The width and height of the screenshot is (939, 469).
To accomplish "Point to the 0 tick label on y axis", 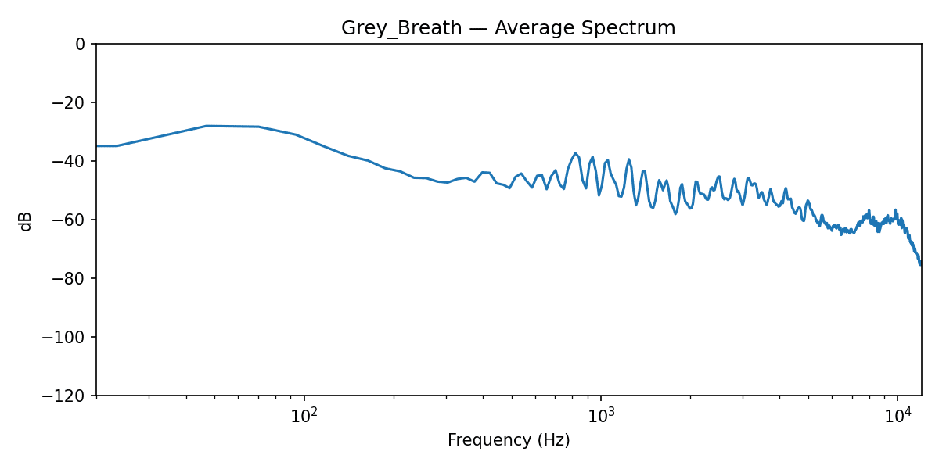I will pos(80,45).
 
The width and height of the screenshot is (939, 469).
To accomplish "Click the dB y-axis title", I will pos(27,220).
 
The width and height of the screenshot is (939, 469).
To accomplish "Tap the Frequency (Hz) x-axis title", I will pos(509,441).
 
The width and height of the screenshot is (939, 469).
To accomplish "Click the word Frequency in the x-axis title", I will pos(490,441).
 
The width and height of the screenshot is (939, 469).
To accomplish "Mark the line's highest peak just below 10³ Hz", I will pos(575,153).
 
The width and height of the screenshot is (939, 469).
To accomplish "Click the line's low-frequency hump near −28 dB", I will pos(207,126).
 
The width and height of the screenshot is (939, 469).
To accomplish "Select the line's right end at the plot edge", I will pos(920,263).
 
